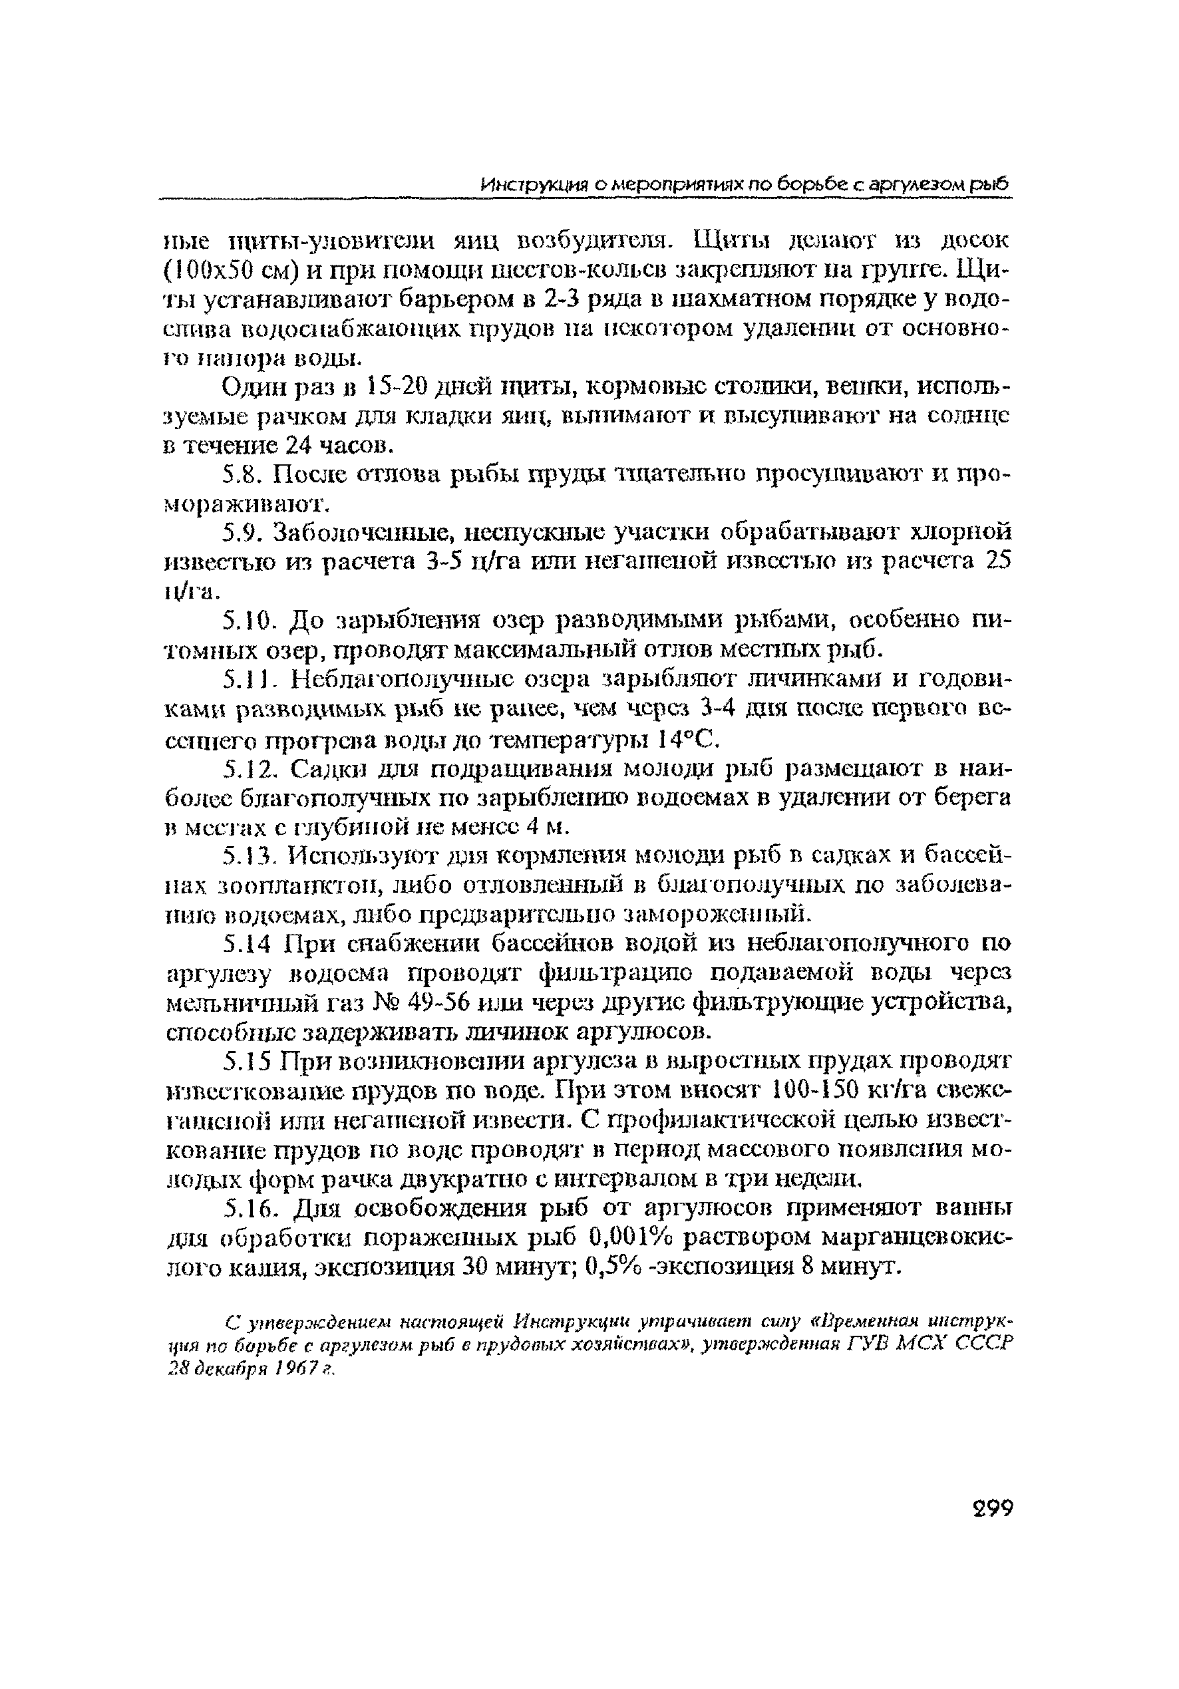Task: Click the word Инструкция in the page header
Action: [532, 184]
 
